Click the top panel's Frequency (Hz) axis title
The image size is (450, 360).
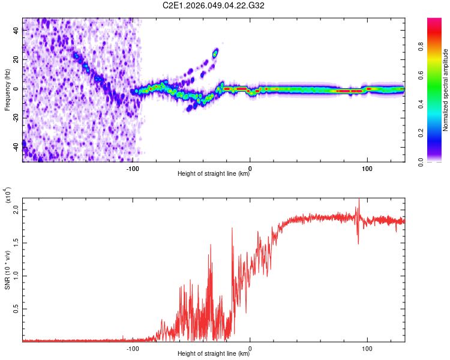click(8, 89)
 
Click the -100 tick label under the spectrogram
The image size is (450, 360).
click(133, 168)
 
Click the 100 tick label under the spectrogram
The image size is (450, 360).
click(367, 168)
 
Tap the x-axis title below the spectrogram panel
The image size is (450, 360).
click(214, 175)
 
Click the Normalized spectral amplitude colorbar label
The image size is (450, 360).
click(446, 90)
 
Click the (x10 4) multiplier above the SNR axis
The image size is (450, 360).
click(8, 196)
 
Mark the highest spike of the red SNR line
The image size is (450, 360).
click(359, 199)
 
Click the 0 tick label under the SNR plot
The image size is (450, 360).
click(250, 348)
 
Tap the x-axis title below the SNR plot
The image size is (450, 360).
click(214, 354)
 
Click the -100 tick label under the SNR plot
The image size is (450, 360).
click(133, 348)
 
